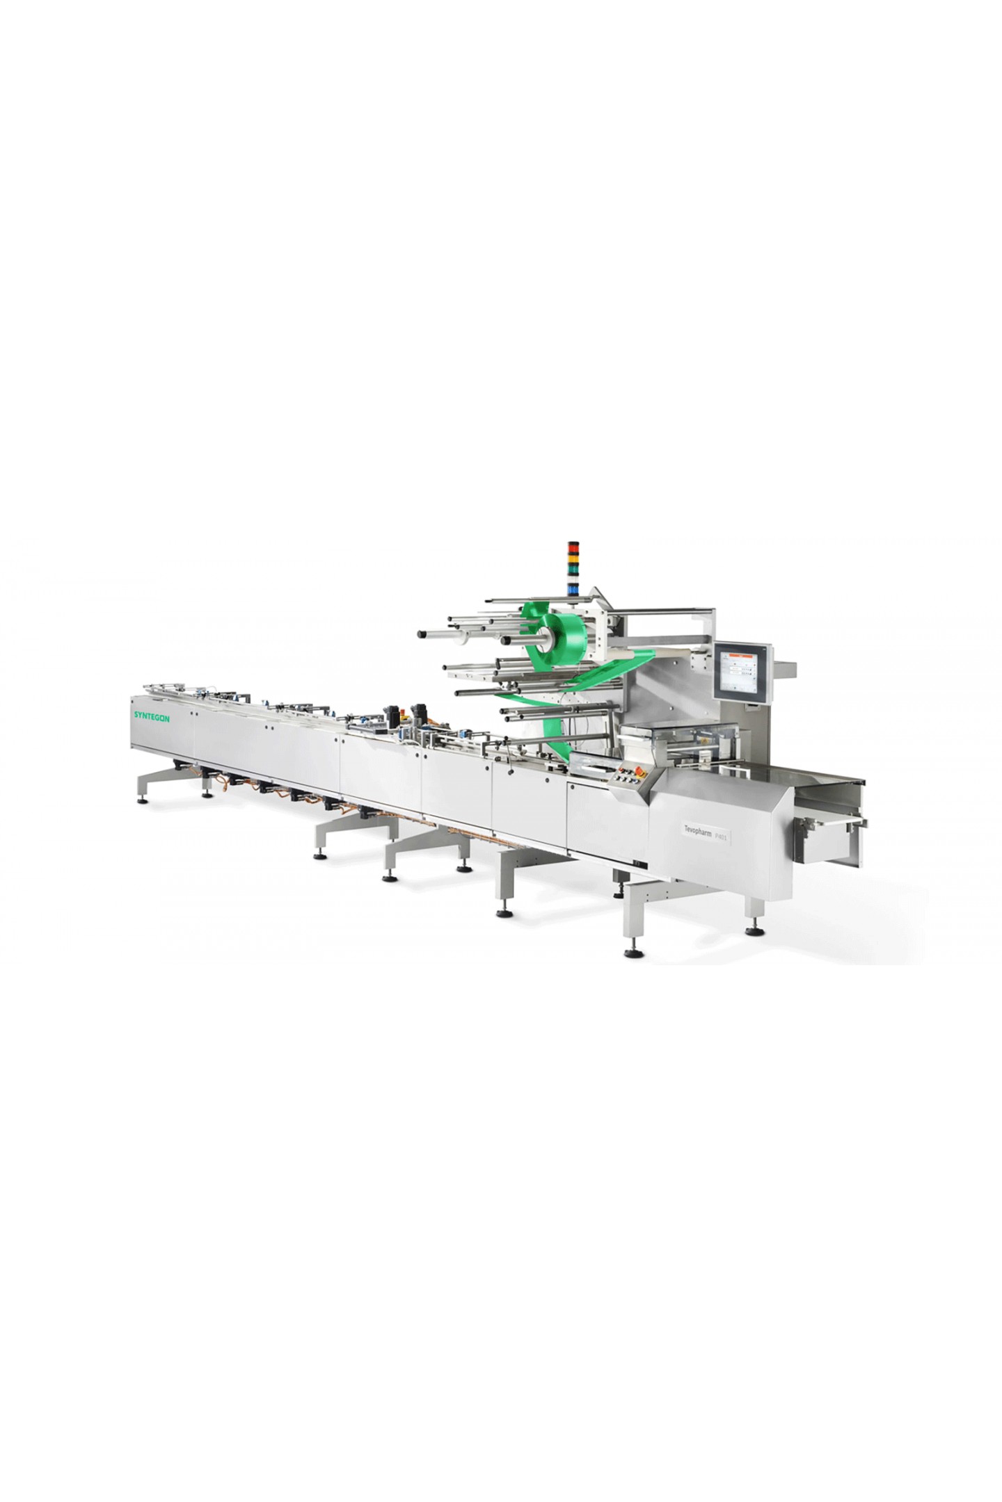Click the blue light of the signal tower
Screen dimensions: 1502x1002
click(x=574, y=590)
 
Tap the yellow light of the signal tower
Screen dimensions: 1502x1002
click(x=574, y=558)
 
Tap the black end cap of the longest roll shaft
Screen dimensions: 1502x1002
click(x=422, y=634)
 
